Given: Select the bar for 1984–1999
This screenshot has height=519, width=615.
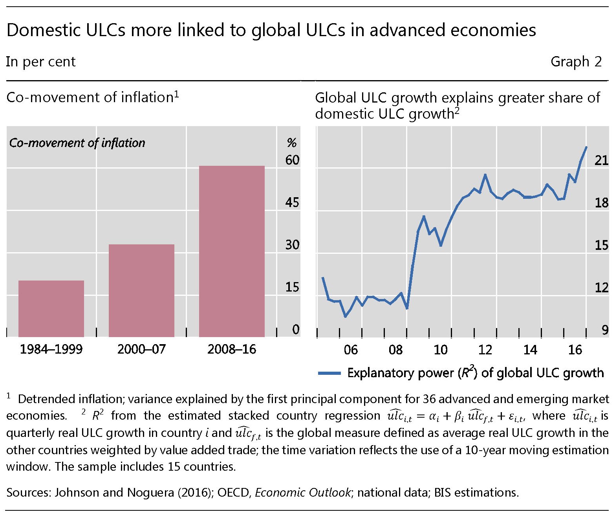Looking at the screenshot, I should pyautogui.click(x=51, y=308).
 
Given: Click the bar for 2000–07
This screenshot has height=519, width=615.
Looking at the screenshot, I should pyautogui.click(x=141, y=290).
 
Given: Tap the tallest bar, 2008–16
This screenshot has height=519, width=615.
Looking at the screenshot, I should pyautogui.click(x=232, y=251).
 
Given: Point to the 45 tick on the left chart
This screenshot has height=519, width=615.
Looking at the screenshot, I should pyautogui.click(x=292, y=202).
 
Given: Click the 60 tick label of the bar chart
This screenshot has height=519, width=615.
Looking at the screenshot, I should pyautogui.click(x=292, y=160).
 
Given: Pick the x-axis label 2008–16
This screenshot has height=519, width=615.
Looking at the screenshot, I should pyautogui.click(x=232, y=349).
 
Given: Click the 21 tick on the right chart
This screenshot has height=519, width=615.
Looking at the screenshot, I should pyautogui.click(x=601, y=160).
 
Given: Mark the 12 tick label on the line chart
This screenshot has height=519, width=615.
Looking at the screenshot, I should pyautogui.click(x=601, y=287).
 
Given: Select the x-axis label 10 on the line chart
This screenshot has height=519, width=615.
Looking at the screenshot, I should pyautogui.click(x=440, y=349).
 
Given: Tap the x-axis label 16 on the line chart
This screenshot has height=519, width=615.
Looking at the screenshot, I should pyautogui.click(x=575, y=349).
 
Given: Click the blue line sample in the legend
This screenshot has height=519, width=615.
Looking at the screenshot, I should pyautogui.click(x=329, y=373).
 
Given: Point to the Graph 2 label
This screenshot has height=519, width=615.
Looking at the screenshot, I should pyautogui.click(x=576, y=62).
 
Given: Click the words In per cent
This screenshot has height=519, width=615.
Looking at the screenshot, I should pyautogui.click(x=41, y=62).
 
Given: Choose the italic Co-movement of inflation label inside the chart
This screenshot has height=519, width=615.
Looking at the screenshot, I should pyautogui.click(x=77, y=143).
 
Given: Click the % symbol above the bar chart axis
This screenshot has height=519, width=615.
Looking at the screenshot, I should pyautogui.click(x=291, y=143).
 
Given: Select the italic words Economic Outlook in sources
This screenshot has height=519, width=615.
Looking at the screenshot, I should pyautogui.click(x=302, y=492).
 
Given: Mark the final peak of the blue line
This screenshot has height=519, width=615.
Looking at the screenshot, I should pyautogui.click(x=586, y=147).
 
